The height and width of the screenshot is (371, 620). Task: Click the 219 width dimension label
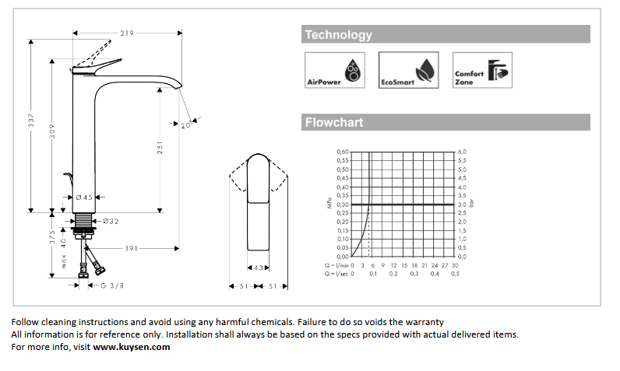127,33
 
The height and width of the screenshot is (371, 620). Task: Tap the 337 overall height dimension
31,120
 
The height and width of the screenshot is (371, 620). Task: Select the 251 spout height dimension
160,148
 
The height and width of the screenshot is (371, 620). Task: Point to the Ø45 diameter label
84,198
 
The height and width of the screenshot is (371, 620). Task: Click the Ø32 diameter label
111,222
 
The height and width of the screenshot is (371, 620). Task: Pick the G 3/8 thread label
112,285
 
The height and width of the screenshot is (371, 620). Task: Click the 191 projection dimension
132,248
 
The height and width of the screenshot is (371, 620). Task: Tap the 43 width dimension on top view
258,268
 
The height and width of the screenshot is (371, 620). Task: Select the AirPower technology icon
334,70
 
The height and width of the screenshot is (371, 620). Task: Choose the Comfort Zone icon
482,70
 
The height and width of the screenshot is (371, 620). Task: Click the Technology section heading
339,35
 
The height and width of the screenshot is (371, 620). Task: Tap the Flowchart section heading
334,122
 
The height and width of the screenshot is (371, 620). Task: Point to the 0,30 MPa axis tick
343,205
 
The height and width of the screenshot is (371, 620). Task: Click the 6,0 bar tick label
462,152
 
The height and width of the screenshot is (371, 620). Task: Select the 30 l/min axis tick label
455,265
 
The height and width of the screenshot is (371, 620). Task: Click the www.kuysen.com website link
132,347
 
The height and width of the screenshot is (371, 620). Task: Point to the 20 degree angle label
186,125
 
